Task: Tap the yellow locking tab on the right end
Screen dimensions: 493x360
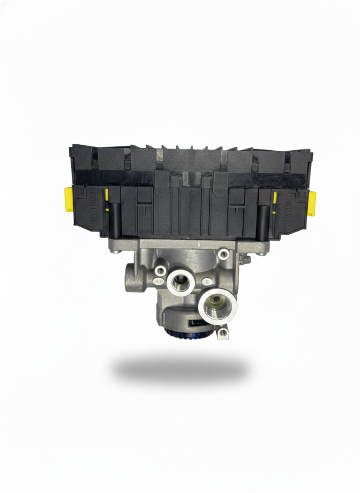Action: coord(312,204)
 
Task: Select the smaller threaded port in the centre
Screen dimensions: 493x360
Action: coord(180,281)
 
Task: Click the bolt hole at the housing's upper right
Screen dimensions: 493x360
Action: coord(224,253)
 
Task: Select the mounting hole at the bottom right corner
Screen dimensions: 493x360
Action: coord(223,332)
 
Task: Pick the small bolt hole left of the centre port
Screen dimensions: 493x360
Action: coord(159,271)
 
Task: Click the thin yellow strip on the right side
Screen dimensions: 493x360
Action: coord(275,203)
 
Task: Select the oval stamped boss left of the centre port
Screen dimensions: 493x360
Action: coord(158,281)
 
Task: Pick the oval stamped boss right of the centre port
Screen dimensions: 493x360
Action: coord(207,281)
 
